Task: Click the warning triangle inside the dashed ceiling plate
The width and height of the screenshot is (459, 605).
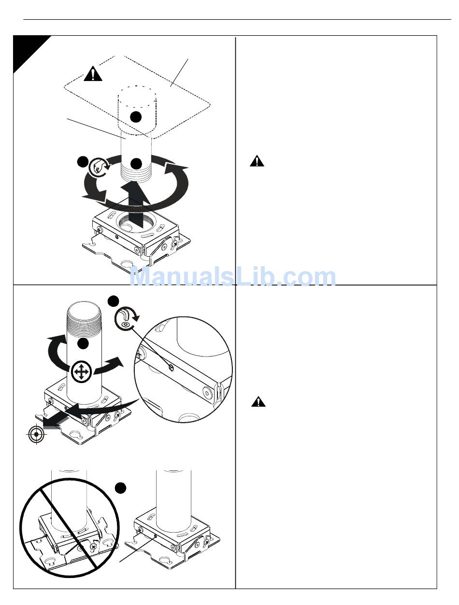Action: [93, 74]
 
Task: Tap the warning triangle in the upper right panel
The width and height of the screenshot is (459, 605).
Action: [257, 161]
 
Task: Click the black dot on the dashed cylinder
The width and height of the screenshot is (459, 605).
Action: [135, 117]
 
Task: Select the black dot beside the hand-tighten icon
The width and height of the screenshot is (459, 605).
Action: [83, 162]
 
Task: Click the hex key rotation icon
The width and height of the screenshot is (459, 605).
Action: [127, 318]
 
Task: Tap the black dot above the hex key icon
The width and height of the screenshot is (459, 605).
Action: [113, 301]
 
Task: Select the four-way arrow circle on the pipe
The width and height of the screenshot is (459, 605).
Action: [81, 372]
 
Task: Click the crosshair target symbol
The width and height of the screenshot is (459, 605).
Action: [36, 434]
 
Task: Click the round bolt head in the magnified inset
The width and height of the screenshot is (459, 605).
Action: [206, 391]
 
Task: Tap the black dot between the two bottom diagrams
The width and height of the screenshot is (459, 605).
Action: [120, 488]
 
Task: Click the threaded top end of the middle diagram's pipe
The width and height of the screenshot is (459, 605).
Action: [84, 315]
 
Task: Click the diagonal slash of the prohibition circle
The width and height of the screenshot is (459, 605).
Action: [70, 529]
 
